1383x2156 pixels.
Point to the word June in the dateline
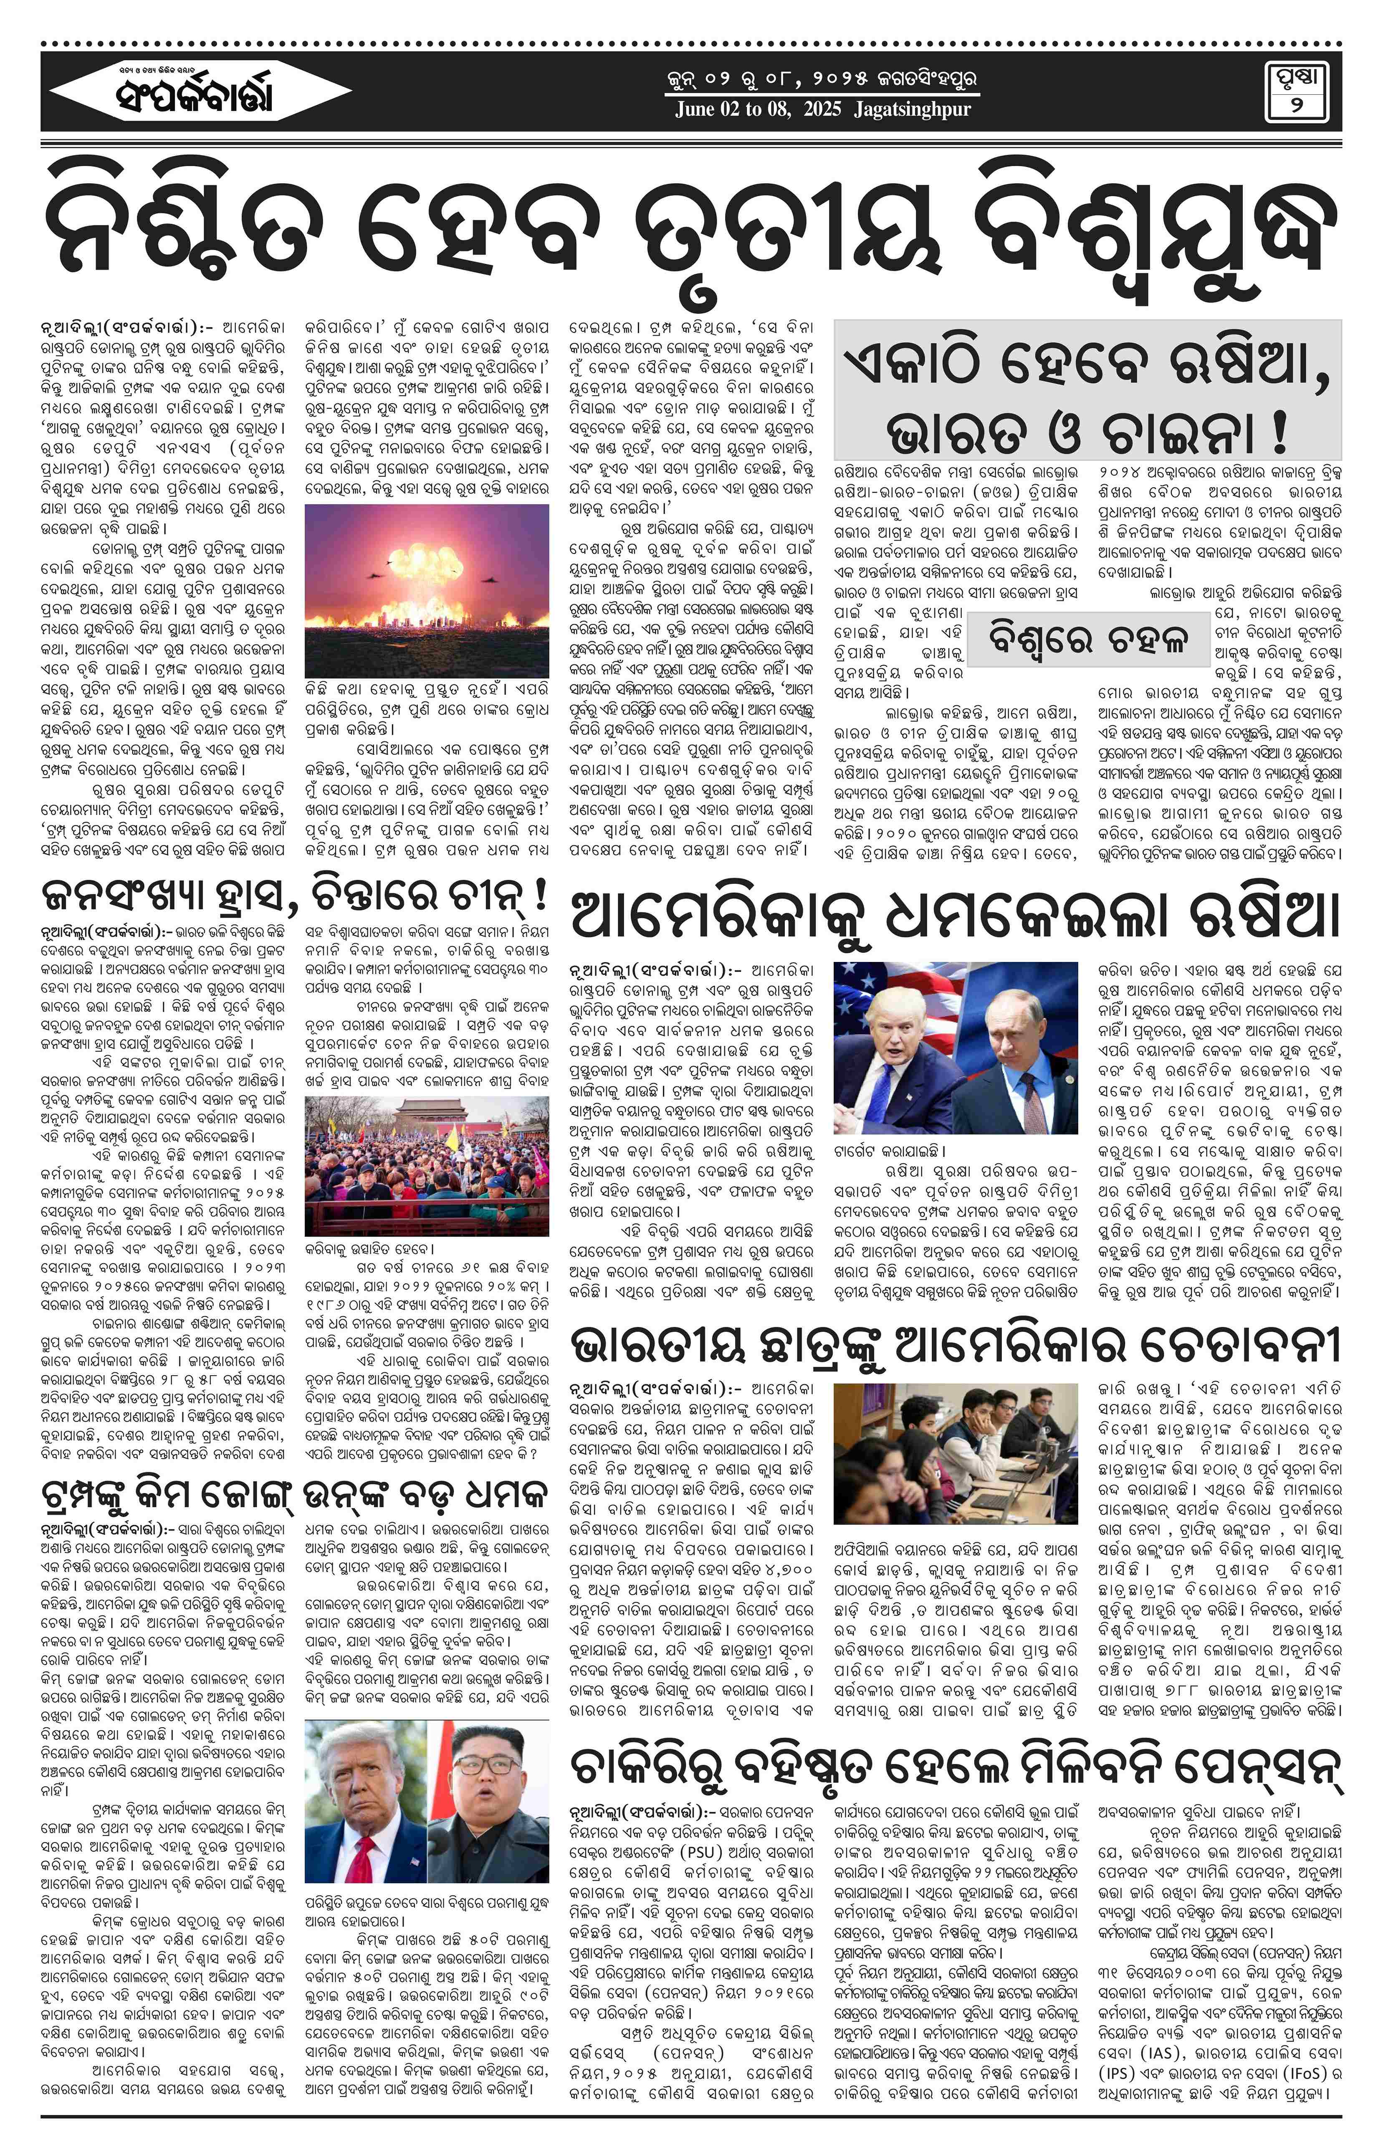click(x=697, y=109)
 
